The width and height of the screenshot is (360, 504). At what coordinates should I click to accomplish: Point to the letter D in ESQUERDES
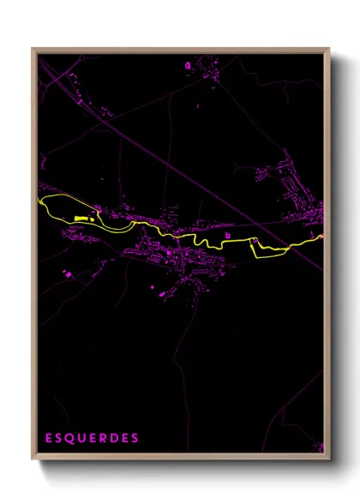115,438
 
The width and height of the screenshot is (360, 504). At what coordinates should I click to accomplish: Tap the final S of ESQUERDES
135,438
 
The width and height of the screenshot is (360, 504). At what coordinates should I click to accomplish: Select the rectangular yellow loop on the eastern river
265,247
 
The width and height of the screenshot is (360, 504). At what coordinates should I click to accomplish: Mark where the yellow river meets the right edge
322,237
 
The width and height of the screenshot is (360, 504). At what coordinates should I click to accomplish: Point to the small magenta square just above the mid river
228,234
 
